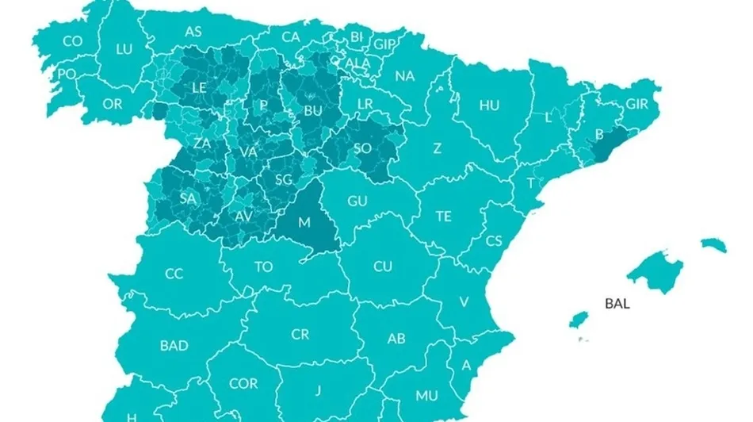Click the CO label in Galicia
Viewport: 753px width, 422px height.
[73, 41]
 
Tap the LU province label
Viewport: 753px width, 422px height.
[124, 49]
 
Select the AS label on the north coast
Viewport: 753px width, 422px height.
[193, 33]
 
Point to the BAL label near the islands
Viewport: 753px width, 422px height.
[617, 303]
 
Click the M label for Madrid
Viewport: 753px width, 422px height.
[304, 222]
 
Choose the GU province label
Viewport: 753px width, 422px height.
[357, 201]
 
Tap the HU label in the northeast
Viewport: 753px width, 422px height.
[489, 105]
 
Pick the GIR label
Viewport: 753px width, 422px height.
[637, 104]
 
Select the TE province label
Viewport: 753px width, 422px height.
[444, 216]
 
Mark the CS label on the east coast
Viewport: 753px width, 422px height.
[495, 240]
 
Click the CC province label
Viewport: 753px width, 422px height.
[174, 274]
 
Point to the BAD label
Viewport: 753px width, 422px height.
[174, 345]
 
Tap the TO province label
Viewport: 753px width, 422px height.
[263, 267]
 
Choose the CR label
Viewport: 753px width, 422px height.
[300, 335]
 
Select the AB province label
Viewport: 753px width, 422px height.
[396, 339]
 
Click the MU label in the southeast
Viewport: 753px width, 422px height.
[426, 395]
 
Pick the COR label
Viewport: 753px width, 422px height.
[243, 383]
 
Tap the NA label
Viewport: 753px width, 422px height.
[404, 76]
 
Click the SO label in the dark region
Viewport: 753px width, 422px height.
[362, 148]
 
